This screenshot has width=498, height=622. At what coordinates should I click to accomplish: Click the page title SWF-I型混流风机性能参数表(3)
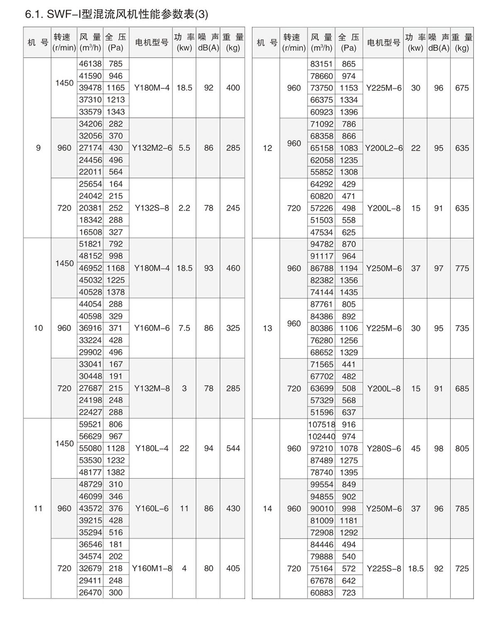click(117, 15)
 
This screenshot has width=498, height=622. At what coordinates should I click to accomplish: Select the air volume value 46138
click(90, 64)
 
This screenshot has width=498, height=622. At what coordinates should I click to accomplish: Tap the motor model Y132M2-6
click(152, 148)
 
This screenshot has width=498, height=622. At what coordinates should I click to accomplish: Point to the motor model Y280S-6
click(384, 449)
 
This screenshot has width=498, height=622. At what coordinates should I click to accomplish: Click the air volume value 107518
click(322, 425)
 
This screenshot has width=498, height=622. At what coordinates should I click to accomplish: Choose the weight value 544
click(233, 448)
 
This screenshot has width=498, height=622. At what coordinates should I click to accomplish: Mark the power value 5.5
click(184, 148)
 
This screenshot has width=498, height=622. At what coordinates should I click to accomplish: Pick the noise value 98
click(439, 449)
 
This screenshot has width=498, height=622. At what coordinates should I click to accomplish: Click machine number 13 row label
click(268, 328)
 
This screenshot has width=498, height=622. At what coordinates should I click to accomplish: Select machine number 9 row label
click(38, 148)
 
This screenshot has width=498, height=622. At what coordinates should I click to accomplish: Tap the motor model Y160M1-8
click(152, 569)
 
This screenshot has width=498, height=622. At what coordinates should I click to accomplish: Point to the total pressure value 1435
click(349, 292)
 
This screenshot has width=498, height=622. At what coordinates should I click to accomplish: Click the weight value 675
click(462, 88)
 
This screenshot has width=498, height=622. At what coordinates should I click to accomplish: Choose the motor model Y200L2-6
click(384, 148)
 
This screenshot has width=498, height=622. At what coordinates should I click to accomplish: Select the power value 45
click(416, 449)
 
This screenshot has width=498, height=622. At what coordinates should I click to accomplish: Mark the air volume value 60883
click(322, 593)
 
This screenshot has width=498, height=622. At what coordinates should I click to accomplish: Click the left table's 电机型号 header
click(152, 42)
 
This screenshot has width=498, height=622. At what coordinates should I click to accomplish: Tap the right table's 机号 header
click(267, 42)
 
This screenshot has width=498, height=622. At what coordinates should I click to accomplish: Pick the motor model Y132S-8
click(152, 208)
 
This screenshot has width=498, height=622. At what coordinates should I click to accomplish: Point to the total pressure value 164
click(116, 184)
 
